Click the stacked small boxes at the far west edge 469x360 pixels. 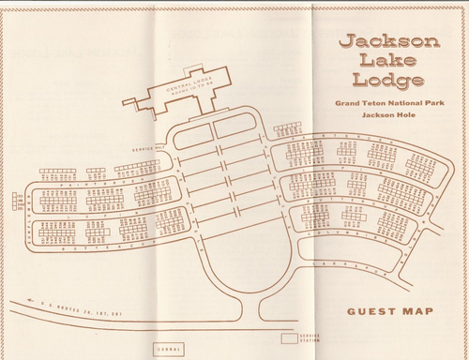[19, 201]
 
